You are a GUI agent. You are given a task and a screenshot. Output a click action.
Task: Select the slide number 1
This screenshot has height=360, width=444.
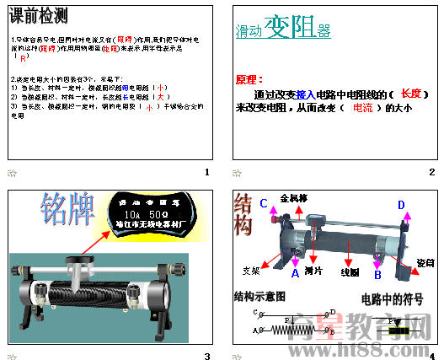pyautogui.click(x=207, y=172)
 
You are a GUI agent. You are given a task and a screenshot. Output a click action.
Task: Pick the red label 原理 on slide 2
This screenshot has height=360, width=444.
pyautogui.click(x=250, y=80)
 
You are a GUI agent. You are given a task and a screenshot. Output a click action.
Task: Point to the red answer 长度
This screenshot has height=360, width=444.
pyautogui.click(x=412, y=94)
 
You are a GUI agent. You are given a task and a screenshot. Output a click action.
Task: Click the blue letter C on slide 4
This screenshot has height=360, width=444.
pyautogui.click(x=264, y=203)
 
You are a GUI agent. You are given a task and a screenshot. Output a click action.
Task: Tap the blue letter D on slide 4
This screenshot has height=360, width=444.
pyautogui.click(x=401, y=205)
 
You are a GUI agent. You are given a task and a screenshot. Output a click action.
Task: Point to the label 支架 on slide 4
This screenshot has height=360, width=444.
pyautogui.click(x=250, y=271)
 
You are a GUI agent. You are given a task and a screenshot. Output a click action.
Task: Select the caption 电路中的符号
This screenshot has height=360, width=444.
pyautogui.click(x=388, y=298)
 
